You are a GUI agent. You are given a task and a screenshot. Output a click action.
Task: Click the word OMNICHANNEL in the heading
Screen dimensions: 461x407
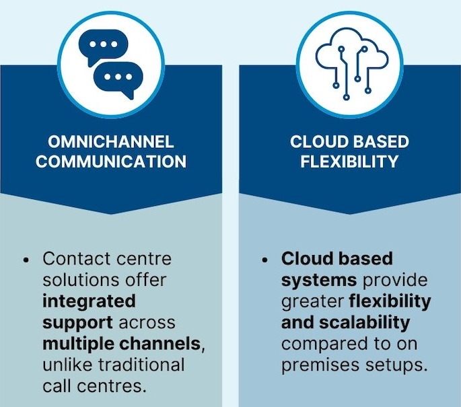click(111, 142)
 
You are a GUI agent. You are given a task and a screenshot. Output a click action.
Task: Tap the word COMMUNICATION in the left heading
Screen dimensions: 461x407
click(111, 161)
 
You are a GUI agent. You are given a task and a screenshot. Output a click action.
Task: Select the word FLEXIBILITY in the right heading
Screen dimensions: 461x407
click(349, 161)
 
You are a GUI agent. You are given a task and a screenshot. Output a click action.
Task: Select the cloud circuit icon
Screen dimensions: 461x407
click(352, 64)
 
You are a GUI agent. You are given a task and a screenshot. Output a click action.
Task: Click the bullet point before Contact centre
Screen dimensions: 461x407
click(26, 260)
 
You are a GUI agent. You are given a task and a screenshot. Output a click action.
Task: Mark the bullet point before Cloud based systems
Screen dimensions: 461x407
click(265, 260)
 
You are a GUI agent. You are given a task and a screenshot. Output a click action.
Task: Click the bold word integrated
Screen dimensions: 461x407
click(89, 301)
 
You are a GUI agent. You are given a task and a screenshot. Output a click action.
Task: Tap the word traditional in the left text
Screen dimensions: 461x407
click(141, 365)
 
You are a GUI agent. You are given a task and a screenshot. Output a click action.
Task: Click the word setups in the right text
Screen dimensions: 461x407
click(396, 365)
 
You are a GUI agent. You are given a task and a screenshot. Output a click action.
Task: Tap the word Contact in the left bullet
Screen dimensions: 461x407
click(77, 259)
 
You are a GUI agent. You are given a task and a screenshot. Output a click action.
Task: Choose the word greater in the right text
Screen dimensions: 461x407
click(312, 302)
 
